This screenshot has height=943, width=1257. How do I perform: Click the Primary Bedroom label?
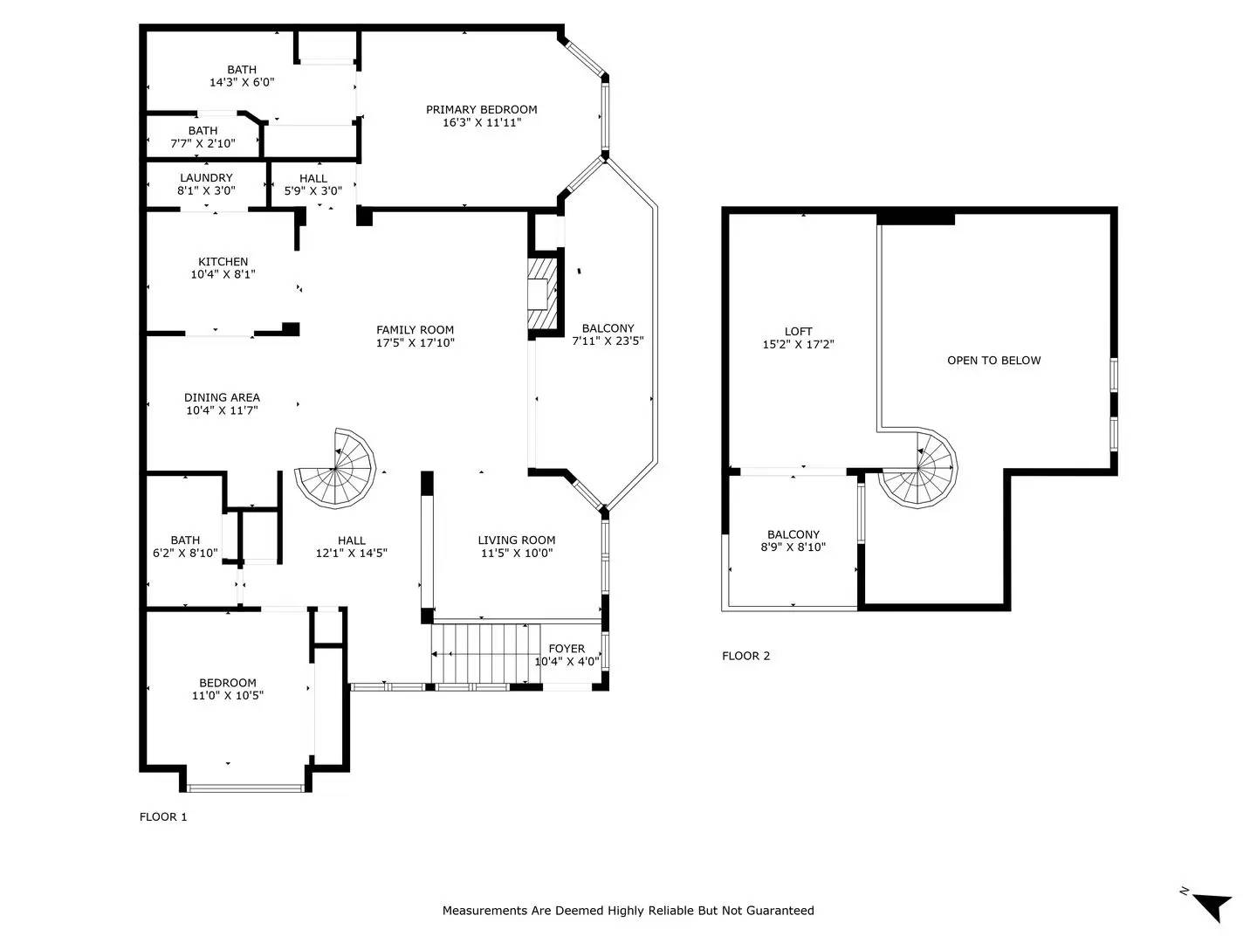tap(481, 109)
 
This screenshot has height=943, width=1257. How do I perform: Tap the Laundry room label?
tap(206, 177)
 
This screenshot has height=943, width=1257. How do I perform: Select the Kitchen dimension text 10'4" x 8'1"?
tap(223, 274)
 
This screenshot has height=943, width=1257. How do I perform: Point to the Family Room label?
tap(415, 330)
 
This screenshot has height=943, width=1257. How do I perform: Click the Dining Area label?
tap(222, 397)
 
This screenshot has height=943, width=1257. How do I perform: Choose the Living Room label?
tap(517, 540)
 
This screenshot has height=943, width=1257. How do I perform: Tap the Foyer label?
tap(567, 649)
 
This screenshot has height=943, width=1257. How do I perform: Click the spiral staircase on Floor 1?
tap(335, 468)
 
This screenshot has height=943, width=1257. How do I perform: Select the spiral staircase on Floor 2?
tap(918, 467)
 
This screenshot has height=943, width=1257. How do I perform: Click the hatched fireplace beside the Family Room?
tap(541, 293)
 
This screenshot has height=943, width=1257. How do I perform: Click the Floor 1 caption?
tap(163, 816)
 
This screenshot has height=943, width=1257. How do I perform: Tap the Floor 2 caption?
tap(745, 656)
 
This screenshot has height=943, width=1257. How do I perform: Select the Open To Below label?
tap(993, 360)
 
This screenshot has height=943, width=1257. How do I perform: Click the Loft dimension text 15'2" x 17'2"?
tap(798, 344)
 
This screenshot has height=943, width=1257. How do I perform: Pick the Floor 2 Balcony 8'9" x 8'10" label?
tap(793, 540)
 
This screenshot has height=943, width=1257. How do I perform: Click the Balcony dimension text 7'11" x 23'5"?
tap(608, 341)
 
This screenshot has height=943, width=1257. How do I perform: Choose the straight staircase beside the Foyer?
tap(485, 653)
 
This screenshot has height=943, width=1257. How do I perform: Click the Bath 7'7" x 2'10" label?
tap(203, 137)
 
